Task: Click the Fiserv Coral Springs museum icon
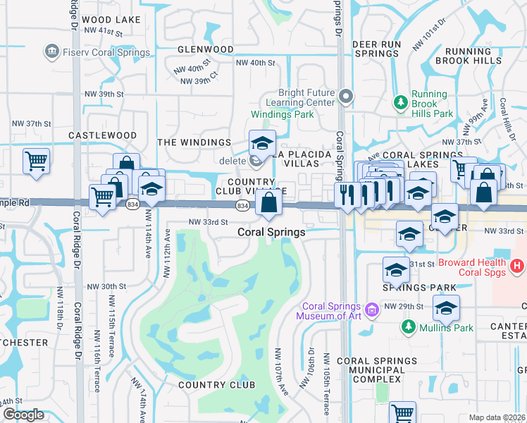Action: click(x=51, y=51)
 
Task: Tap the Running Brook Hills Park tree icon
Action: click(x=401, y=103)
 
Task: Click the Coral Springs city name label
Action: click(x=271, y=231)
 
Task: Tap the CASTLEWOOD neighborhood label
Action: click(x=102, y=135)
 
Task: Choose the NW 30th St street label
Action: click(x=106, y=287)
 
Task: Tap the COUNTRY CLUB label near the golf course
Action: click(x=211, y=385)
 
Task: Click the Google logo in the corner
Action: click(x=23, y=415)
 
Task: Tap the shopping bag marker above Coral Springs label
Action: click(x=269, y=203)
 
